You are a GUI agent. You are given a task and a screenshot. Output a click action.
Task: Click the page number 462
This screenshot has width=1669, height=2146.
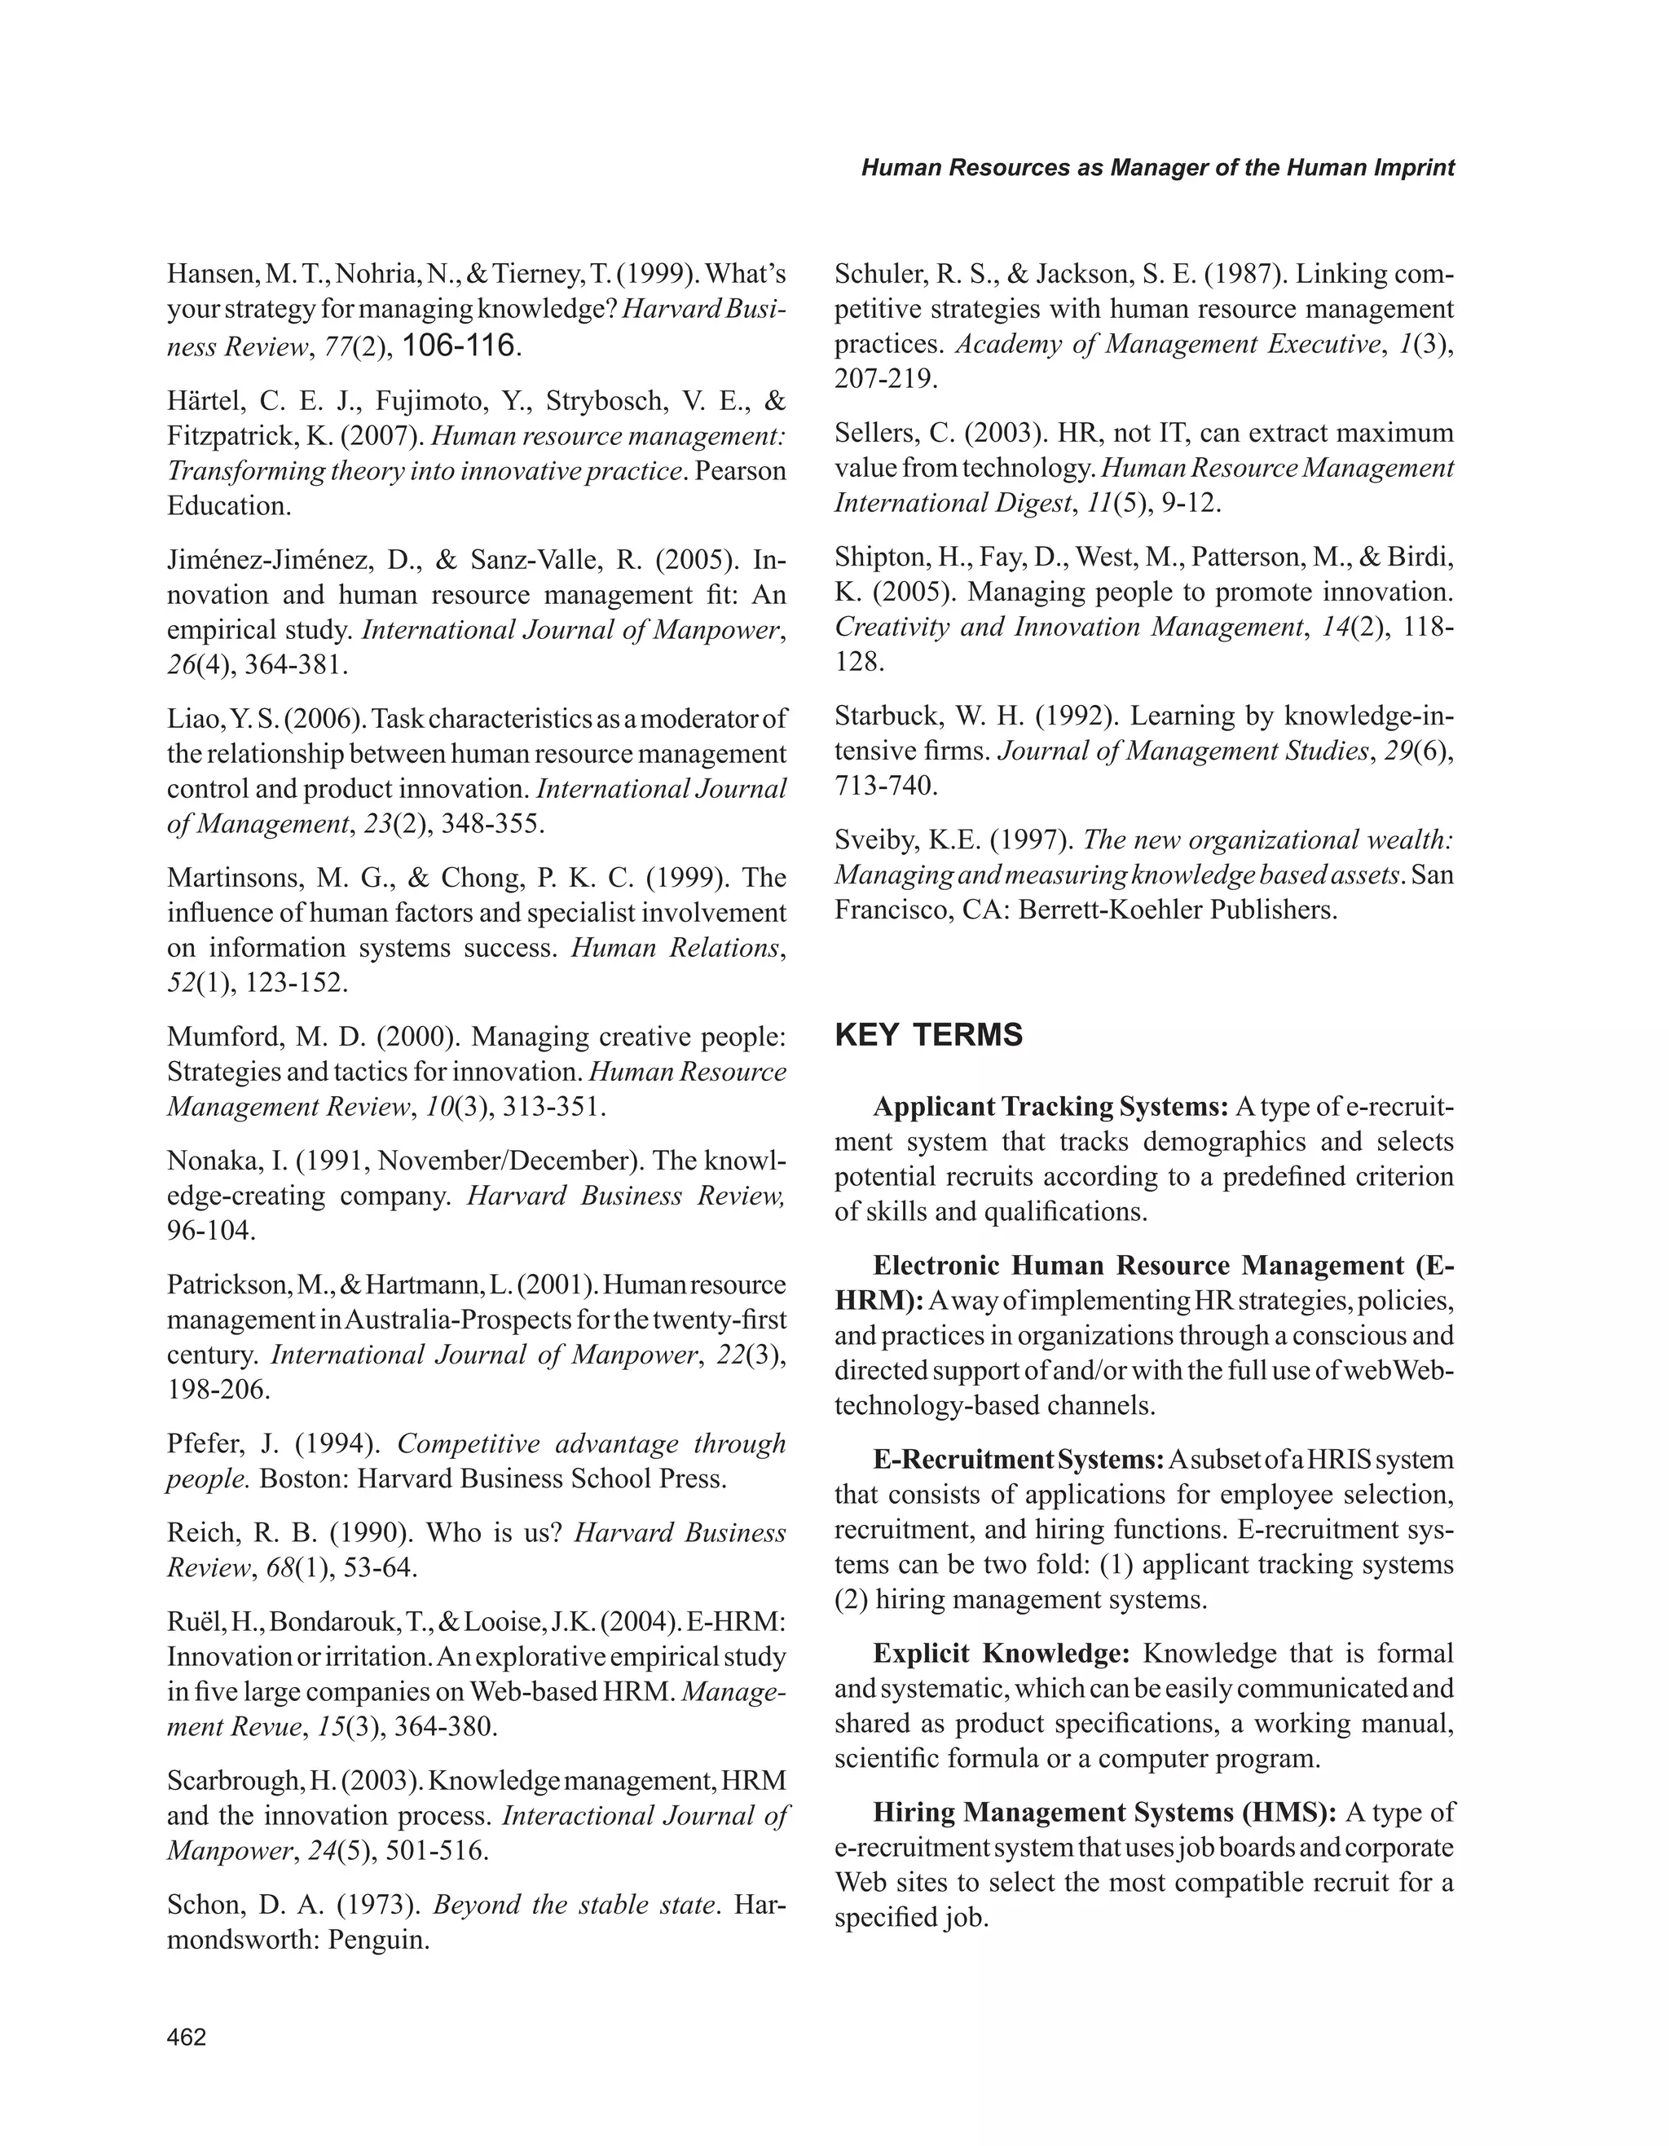(x=187, y=2037)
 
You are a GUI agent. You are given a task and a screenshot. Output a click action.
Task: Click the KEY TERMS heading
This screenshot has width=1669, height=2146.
(x=928, y=1034)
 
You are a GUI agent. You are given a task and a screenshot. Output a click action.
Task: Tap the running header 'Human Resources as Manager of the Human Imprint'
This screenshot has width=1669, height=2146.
(x=1157, y=167)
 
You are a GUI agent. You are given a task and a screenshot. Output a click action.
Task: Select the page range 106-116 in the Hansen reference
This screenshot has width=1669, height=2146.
(x=459, y=345)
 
